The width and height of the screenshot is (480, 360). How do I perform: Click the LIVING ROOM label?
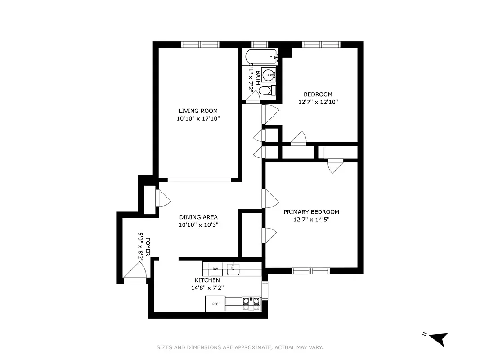[x=198, y=111]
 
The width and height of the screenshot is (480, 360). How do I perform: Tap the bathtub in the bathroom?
[x=261, y=57]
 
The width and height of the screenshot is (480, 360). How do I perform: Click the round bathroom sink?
[x=269, y=74]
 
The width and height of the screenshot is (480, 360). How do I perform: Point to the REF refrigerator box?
[x=215, y=304]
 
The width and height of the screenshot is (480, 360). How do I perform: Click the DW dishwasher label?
[x=215, y=269]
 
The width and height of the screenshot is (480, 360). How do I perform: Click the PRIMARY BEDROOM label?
[x=311, y=212]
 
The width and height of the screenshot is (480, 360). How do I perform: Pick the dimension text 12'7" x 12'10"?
[x=318, y=102]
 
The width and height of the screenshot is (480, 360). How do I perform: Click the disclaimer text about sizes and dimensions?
[x=240, y=347]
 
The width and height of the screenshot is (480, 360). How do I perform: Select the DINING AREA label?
[x=198, y=217]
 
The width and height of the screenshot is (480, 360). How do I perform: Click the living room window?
[x=200, y=44]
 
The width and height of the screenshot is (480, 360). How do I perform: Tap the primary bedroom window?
[x=311, y=270]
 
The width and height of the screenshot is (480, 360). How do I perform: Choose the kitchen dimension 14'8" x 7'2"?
[x=207, y=288]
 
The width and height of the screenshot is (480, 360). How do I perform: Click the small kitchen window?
[x=265, y=290]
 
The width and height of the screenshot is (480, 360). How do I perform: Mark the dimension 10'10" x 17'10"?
[x=198, y=119]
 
